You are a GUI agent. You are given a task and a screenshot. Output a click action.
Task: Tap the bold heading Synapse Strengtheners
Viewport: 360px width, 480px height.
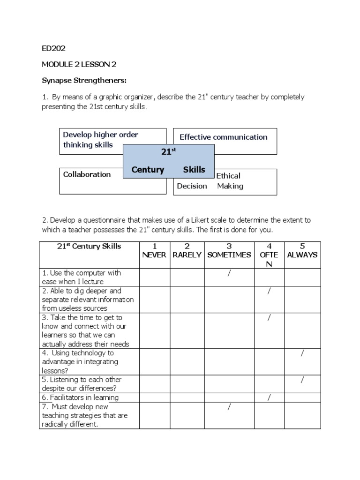84,81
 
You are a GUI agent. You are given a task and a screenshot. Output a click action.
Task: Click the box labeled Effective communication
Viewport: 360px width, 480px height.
225,137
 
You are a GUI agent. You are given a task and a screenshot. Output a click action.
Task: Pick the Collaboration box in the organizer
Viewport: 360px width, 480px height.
88,175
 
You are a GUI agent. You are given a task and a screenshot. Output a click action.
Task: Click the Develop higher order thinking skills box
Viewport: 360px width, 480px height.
101,140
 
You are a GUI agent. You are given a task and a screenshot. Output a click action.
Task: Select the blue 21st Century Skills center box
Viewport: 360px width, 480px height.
168,161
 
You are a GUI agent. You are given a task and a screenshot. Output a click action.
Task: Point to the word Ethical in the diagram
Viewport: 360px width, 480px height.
228,176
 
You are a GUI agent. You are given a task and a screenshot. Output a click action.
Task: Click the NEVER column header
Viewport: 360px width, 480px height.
154,255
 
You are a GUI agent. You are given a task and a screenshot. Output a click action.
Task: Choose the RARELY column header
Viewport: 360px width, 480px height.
187,255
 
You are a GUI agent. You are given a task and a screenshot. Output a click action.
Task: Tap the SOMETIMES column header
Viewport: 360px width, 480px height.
229,255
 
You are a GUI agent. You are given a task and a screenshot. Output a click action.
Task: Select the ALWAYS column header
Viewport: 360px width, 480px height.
302,255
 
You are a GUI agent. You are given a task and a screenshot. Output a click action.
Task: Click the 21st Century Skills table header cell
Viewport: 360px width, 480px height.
89,247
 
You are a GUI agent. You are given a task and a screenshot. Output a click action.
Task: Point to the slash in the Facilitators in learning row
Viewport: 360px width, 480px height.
269,398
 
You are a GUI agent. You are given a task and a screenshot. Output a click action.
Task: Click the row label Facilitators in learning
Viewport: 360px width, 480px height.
80,397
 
